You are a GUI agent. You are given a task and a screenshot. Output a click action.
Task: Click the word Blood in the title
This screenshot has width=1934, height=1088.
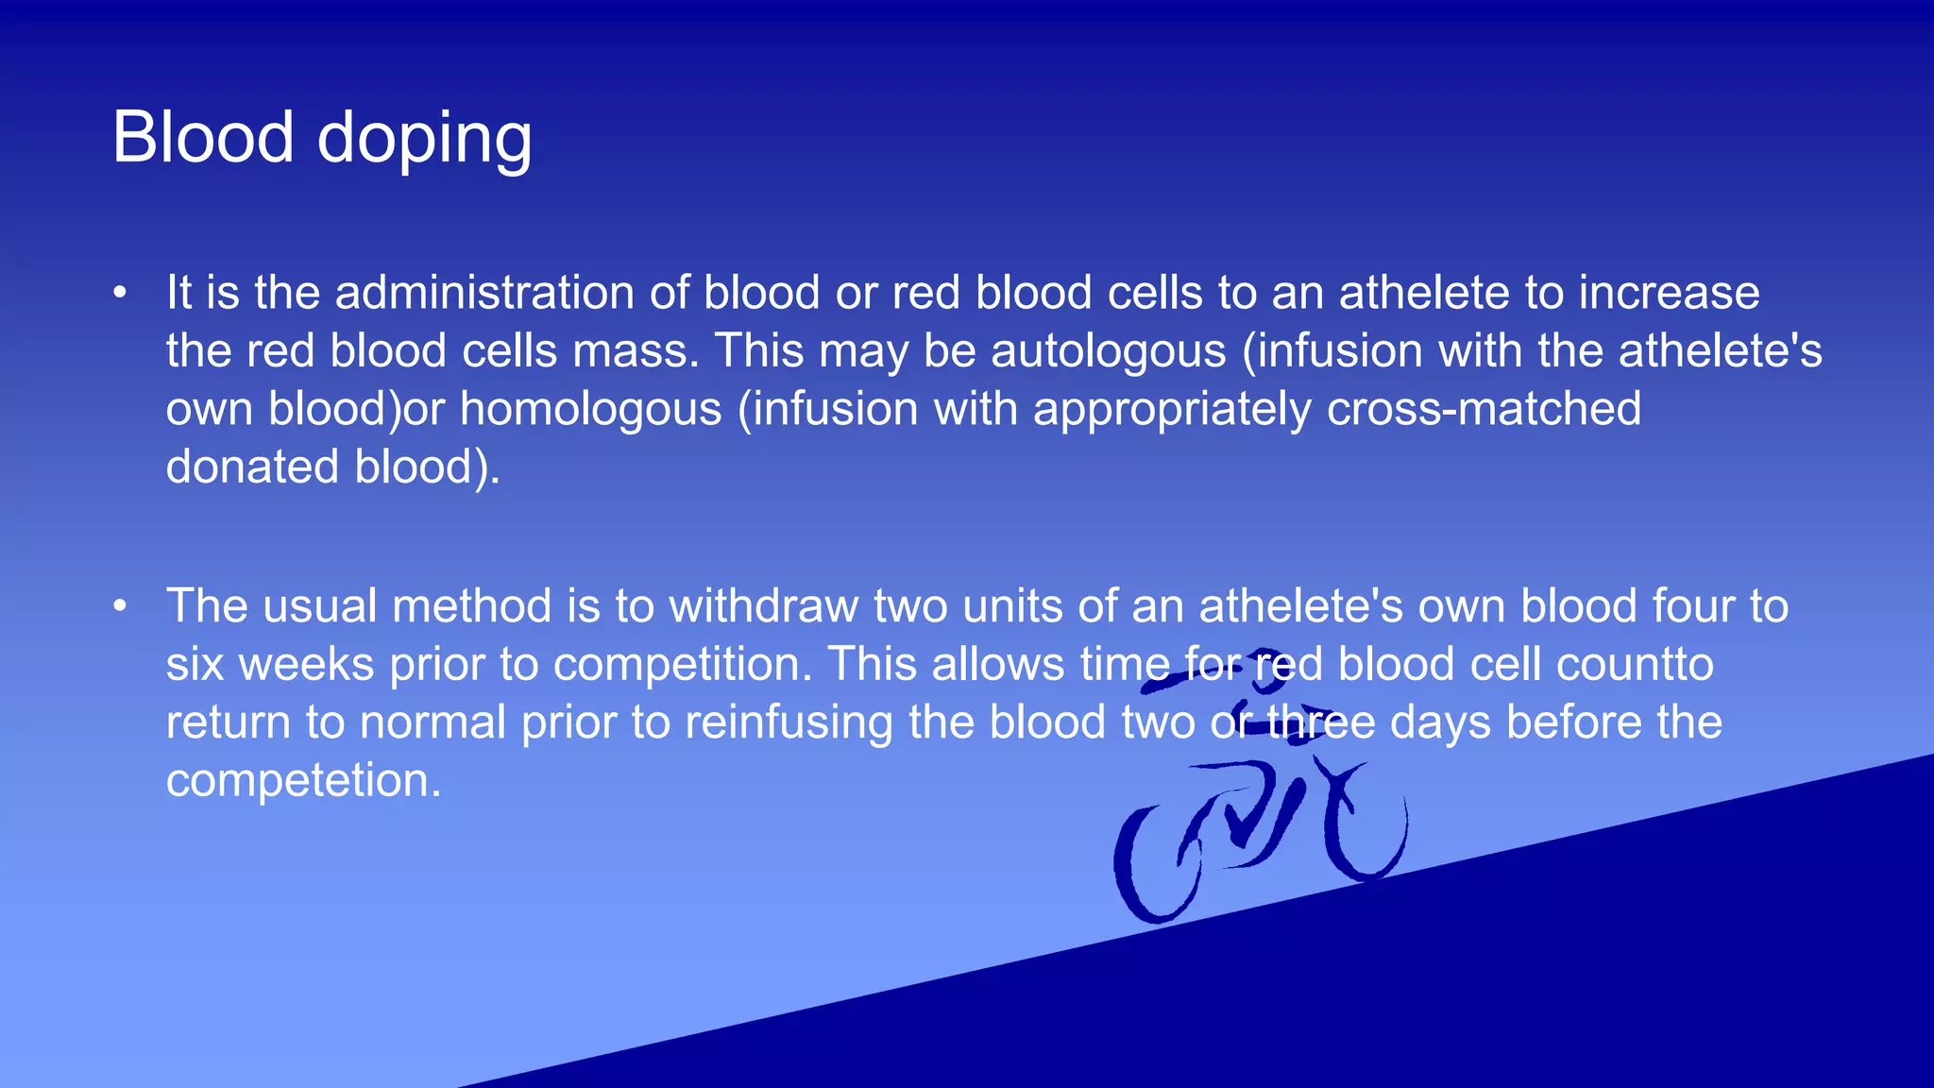203,137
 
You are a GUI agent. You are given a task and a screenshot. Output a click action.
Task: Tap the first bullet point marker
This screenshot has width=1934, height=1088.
120,293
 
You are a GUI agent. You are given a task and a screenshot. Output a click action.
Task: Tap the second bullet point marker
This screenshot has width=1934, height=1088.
120,606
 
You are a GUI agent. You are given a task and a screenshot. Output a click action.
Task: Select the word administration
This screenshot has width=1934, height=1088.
483,293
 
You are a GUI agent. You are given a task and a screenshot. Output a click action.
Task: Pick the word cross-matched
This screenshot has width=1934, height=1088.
1484,409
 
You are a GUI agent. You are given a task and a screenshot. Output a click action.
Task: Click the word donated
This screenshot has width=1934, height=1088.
252,467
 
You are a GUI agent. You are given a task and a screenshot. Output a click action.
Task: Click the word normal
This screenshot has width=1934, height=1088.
433,723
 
